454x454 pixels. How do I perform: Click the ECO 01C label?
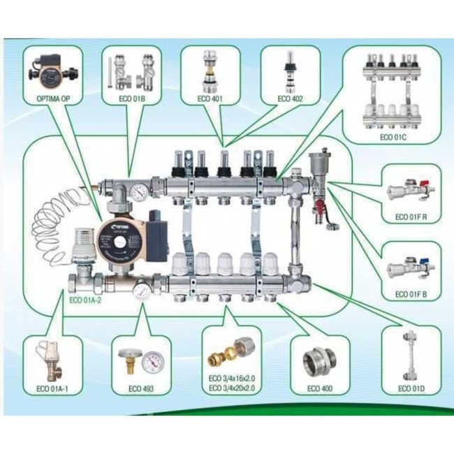pos(393,138)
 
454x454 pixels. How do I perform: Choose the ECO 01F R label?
pos(411,218)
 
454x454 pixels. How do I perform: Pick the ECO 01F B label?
pos(411,294)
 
